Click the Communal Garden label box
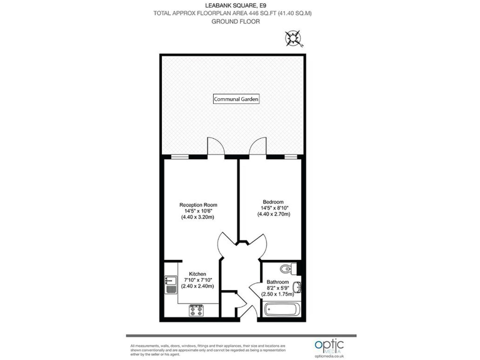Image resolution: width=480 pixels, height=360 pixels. [236, 99]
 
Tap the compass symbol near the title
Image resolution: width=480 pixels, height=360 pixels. [293, 39]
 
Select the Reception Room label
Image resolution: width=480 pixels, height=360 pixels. [198, 204]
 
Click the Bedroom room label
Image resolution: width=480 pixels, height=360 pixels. [273, 202]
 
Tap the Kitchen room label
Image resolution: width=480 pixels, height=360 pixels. [197, 274]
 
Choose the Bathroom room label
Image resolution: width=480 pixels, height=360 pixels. [277, 282]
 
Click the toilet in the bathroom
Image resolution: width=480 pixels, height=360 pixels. [287, 269]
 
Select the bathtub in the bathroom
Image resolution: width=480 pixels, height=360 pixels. [282, 309]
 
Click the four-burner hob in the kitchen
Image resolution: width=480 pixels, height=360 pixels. [197, 309]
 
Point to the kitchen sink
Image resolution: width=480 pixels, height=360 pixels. [170, 285]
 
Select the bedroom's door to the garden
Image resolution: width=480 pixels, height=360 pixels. [258, 147]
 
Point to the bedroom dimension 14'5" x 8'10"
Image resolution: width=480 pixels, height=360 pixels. [273, 208]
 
